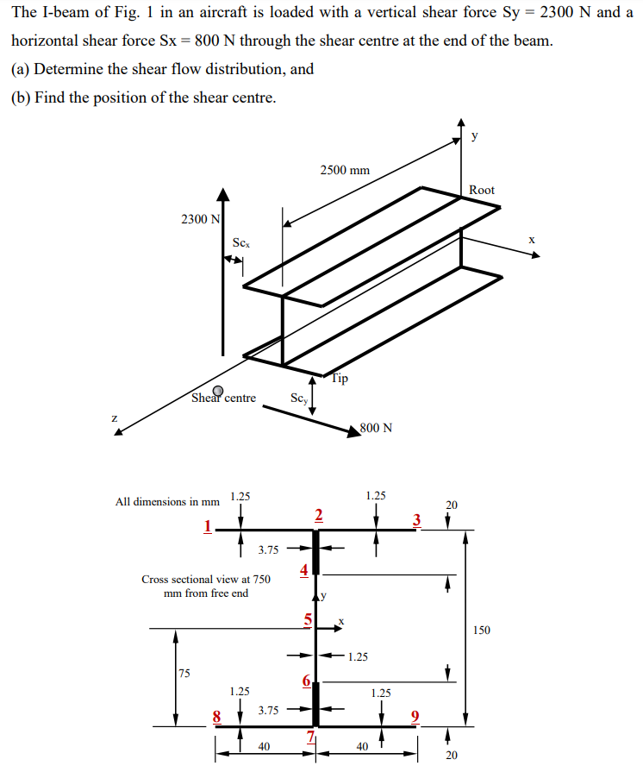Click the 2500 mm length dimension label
(x=344, y=170)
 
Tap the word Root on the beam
(x=482, y=190)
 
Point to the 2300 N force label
(x=199, y=219)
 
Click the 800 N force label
(x=376, y=428)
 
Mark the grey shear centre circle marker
(x=219, y=391)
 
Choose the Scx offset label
(x=241, y=244)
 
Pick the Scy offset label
(x=299, y=398)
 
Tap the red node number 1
(x=207, y=525)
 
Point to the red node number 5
(x=307, y=618)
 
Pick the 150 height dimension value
(x=481, y=631)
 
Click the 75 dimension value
(x=184, y=674)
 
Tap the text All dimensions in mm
(x=167, y=501)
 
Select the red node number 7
(x=312, y=736)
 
